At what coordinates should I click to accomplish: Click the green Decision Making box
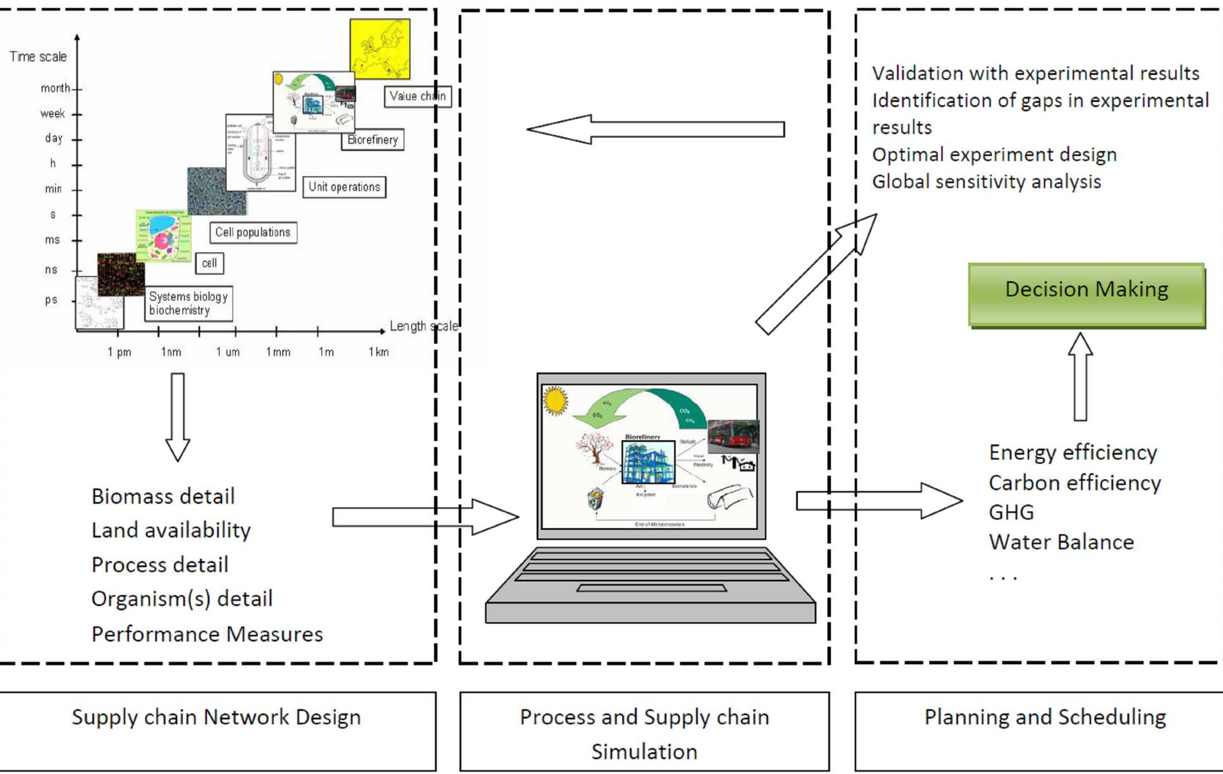[x=1086, y=294]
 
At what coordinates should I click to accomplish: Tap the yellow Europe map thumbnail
[x=379, y=49]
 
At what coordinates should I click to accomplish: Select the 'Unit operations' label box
[x=344, y=187]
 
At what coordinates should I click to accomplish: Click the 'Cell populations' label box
[x=253, y=233]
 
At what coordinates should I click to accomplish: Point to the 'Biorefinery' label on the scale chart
[x=372, y=140]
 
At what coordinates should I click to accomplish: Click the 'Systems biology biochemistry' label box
[x=188, y=304]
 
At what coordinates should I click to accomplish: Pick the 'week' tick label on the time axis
[x=52, y=114]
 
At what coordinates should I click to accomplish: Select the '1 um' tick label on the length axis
[x=228, y=352]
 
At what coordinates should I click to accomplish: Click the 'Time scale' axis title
[x=38, y=57]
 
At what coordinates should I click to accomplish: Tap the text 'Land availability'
[x=171, y=530]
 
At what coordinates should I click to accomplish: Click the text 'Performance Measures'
[x=207, y=634]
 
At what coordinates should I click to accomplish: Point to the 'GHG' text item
[x=1011, y=512]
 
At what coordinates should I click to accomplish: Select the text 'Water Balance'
[x=1061, y=542]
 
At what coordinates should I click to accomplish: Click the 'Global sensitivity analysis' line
[x=986, y=181]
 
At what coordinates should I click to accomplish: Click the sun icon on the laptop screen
[x=555, y=400]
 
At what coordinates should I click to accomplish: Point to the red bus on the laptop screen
[x=732, y=435]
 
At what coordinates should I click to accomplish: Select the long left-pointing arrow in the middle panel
[x=655, y=129]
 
